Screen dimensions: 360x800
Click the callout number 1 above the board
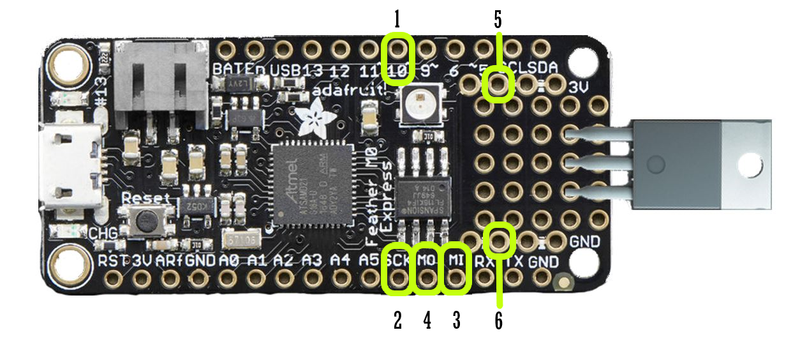[x=397, y=20]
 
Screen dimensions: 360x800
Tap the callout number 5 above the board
[x=498, y=20]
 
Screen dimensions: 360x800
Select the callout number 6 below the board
[x=498, y=320]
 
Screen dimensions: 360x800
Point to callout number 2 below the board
[x=397, y=320]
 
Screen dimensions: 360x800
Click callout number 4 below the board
[x=427, y=320]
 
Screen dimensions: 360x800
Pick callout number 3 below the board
[x=456, y=320]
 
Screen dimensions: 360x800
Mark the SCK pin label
[x=398, y=262]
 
